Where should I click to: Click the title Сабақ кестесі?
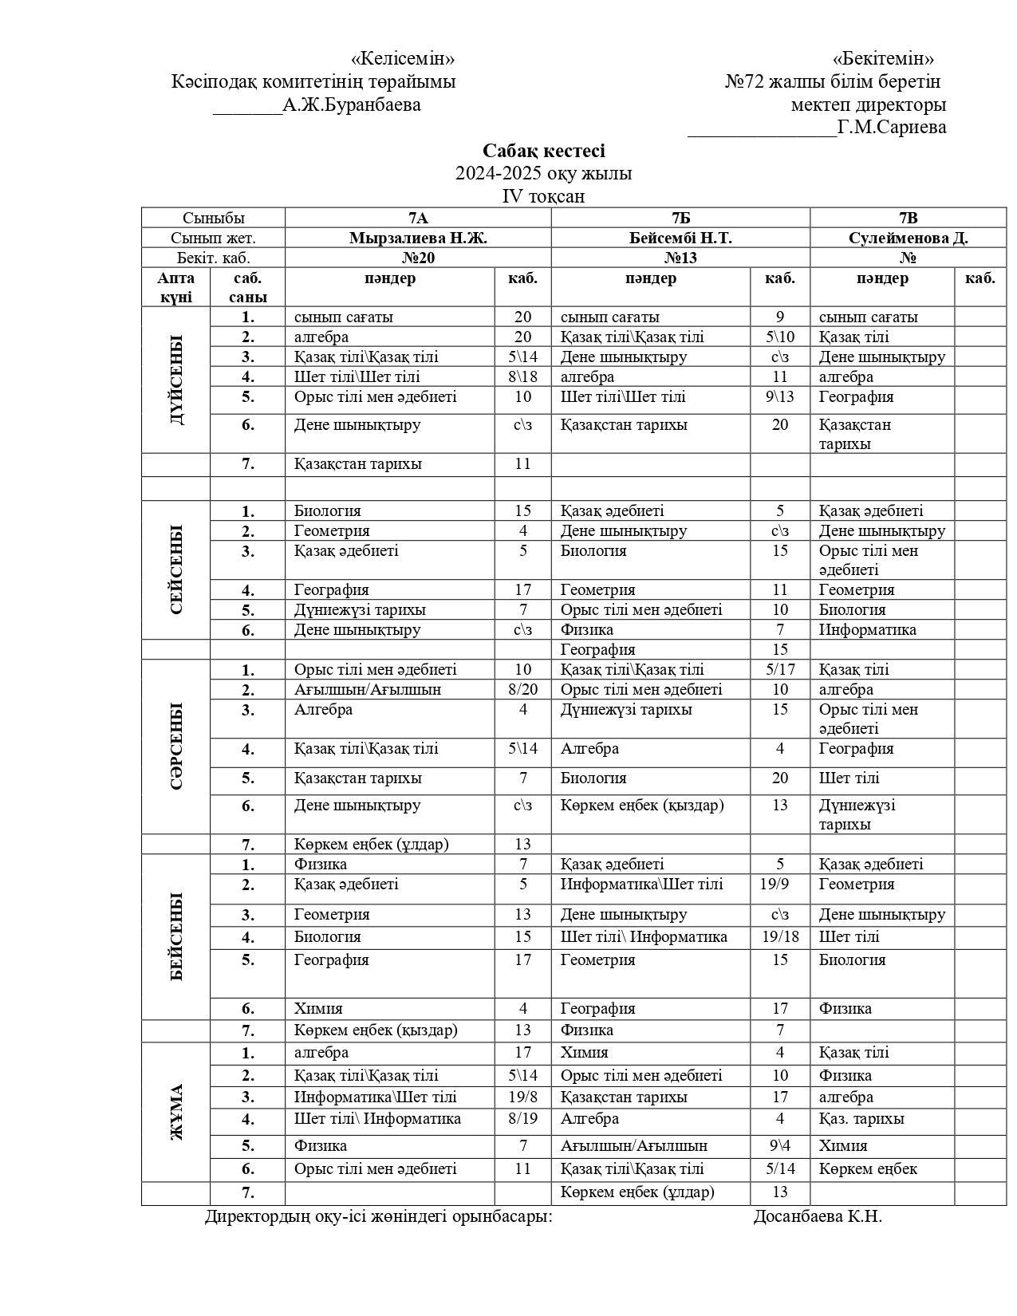[x=543, y=152]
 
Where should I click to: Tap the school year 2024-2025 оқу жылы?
[x=543, y=174]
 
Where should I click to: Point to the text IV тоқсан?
[x=543, y=196]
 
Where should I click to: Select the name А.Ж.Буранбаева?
[x=352, y=104]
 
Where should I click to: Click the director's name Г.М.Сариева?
[x=892, y=128]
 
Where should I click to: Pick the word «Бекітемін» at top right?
[x=883, y=59]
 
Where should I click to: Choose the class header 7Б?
[x=680, y=219]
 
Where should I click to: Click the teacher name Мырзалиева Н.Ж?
[x=418, y=238]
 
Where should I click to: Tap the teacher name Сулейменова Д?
[x=908, y=238]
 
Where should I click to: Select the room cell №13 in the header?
[x=680, y=258]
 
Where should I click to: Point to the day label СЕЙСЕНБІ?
[x=176, y=569]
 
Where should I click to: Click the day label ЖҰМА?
[x=176, y=1112]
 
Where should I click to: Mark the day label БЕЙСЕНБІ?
[x=176, y=936]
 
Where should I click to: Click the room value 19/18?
[x=779, y=937]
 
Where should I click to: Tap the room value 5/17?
[x=779, y=670]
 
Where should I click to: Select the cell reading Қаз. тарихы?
[x=861, y=1119]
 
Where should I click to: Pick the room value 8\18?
[x=522, y=377]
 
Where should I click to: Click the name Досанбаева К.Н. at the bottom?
[x=818, y=1217]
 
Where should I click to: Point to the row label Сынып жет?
[x=213, y=238]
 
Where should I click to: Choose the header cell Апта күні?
[x=175, y=287]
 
